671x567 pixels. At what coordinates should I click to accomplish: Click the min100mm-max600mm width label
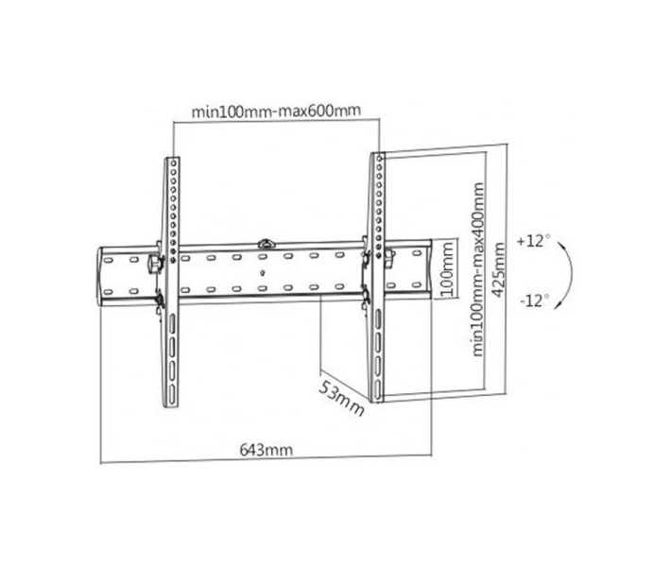(x=276, y=112)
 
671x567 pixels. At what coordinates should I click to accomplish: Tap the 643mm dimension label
(x=267, y=450)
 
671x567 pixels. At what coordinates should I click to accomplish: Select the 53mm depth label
(x=341, y=399)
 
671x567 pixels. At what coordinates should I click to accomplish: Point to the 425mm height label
(x=498, y=269)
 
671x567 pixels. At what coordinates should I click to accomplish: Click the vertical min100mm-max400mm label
(x=478, y=269)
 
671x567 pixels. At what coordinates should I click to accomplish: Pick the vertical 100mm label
(x=447, y=269)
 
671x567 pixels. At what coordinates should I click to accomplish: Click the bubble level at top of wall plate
(x=267, y=244)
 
